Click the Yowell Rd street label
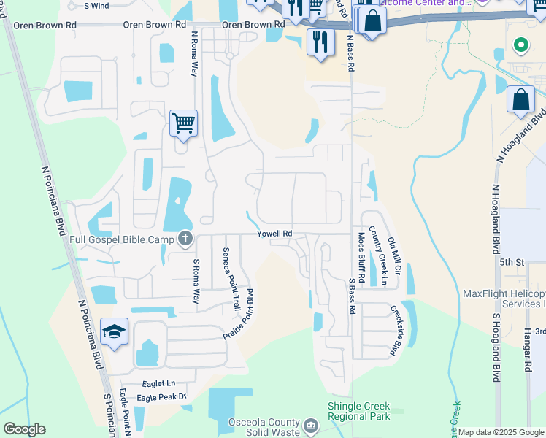click(x=274, y=234)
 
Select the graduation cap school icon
click(x=114, y=333)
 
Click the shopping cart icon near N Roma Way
click(x=183, y=123)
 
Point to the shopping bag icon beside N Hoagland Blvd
click(x=521, y=99)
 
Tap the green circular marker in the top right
click(x=520, y=45)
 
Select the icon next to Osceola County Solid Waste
click(x=310, y=426)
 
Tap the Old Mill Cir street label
click(x=395, y=255)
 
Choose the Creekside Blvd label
click(x=397, y=330)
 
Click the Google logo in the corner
click(x=24, y=429)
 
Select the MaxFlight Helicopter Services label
click(x=504, y=299)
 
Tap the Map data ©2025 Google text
click(x=501, y=432)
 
